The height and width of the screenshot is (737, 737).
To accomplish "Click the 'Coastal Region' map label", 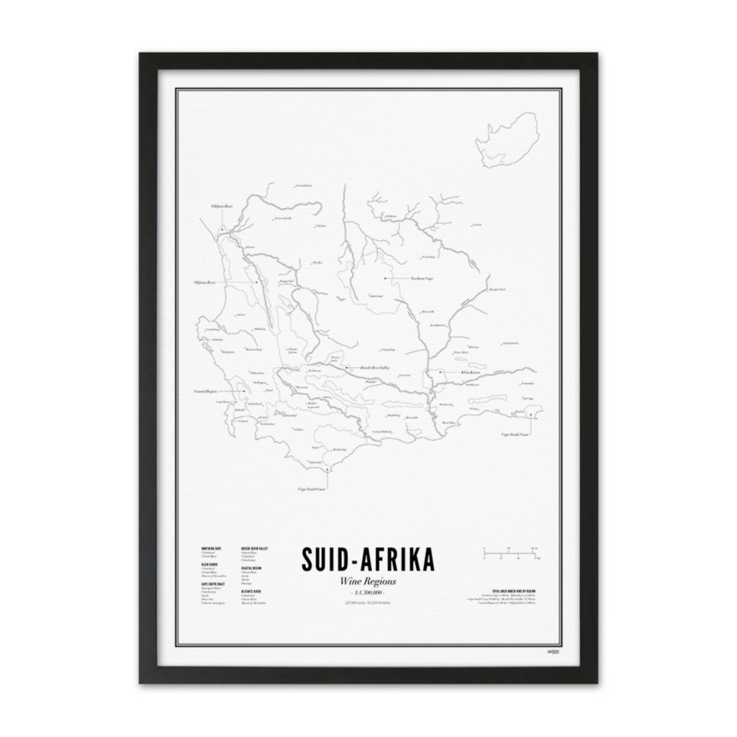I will pyautogui.click(x=205, y=392).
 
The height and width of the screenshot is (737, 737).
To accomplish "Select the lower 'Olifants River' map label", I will pyautogui.click(x=205, y=283).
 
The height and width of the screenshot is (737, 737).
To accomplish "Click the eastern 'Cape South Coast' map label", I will pyautogui.click(x=515, y=435).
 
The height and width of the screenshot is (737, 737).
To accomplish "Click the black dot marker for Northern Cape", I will pyautogui.click(x=385, y=278).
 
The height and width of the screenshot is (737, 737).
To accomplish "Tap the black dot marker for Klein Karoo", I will pyautogui.click(x=440, y=373).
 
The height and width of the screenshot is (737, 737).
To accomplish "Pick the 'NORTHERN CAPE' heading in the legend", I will pyautogui.click(x=212, y=549).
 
